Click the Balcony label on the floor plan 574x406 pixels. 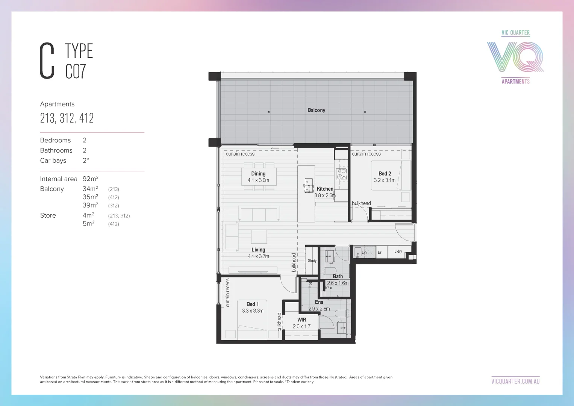tap(316, 110)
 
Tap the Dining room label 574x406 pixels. tap(258, 174)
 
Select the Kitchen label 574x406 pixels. tap(325, 189)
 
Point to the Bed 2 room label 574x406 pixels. tap(385, 174)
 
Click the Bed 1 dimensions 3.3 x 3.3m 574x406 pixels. tap(253, 311)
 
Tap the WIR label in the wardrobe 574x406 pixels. tap(301, 320)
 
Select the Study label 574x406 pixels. tap(312, 261)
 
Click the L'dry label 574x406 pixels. tap(398, 251)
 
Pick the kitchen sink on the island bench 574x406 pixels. tap(309, 185)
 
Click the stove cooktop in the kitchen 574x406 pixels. tap(341, 174)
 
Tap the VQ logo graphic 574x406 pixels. tap(515, 57)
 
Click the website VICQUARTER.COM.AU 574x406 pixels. tap(515, 381)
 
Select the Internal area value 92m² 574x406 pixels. tap(90, 179)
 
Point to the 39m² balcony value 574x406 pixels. tap(90, 205)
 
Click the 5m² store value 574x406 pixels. tap(88, 224)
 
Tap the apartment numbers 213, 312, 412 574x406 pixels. tap(67, 118)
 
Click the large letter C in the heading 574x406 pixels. tap(47, 61)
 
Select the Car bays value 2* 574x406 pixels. tap(86, 161)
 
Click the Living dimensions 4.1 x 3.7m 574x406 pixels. tap(258, 256)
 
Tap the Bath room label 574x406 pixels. tap(338, 276)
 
